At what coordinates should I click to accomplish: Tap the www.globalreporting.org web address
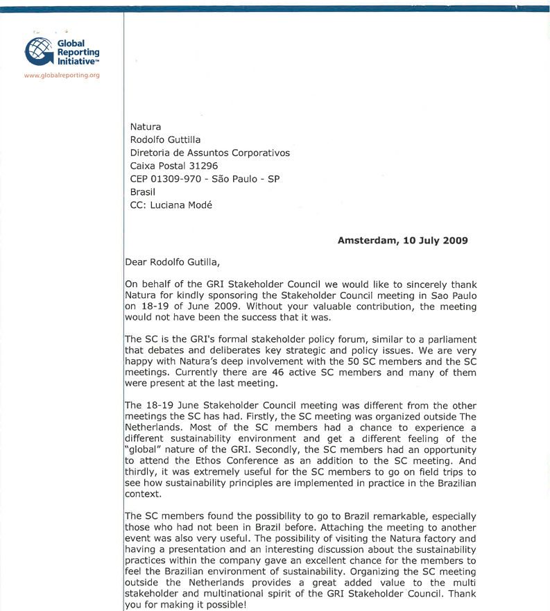point(62,76)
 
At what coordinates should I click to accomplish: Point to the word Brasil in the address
point(142,191)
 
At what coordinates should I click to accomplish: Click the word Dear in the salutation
point(137,262)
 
